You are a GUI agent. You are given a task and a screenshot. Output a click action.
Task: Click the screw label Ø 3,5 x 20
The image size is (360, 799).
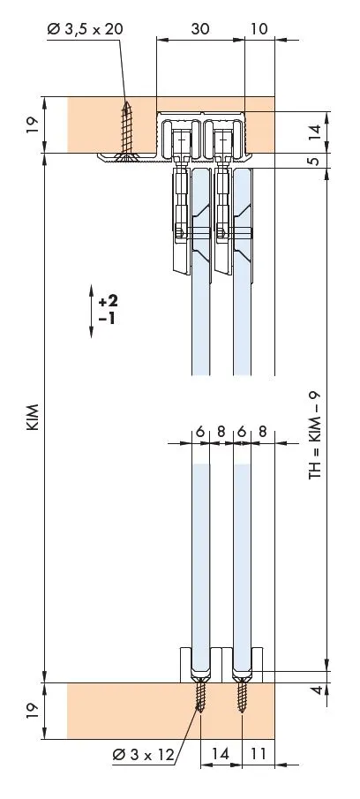click(86, 29)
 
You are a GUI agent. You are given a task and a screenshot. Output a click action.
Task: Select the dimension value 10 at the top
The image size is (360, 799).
click(259, 28)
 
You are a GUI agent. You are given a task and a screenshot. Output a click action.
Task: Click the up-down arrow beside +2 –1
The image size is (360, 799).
click(92, 310)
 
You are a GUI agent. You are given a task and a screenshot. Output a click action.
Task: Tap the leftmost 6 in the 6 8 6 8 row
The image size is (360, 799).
click(200, 432)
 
